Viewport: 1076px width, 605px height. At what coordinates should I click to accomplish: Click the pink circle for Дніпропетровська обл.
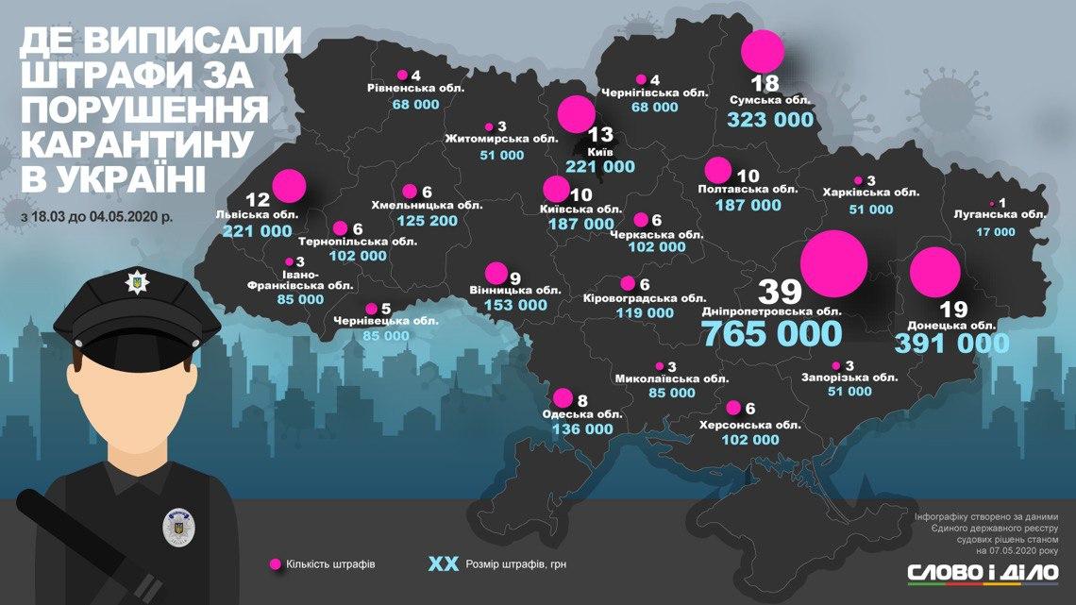coord(833,263)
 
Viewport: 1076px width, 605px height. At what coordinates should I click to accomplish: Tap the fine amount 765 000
coord(770,333)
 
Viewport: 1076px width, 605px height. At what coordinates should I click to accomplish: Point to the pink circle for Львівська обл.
coord(290,185)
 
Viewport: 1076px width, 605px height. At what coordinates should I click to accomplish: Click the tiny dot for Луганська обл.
coord(991,203)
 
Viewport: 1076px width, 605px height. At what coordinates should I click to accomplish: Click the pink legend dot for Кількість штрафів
coord(276,564)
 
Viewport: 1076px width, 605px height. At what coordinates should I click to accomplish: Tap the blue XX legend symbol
coord(443,564)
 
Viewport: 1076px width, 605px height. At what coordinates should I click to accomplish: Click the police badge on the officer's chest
coord(176,527)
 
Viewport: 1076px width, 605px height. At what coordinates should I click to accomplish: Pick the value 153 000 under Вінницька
coord(515,305)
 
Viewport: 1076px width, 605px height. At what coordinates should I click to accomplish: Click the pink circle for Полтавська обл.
coord(718,170)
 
